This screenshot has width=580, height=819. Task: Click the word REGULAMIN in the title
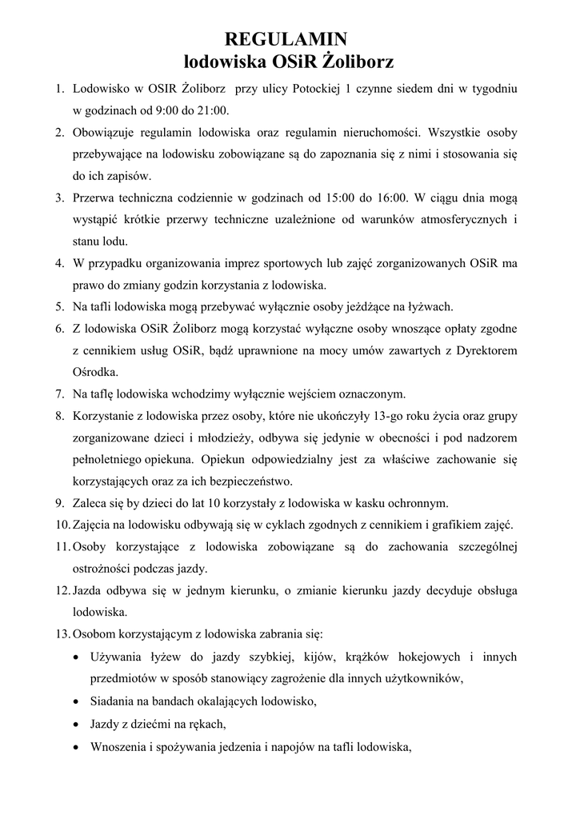pos(286,39)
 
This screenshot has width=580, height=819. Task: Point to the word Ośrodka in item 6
pos(95,371)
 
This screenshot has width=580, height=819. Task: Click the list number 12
pos(62,591)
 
